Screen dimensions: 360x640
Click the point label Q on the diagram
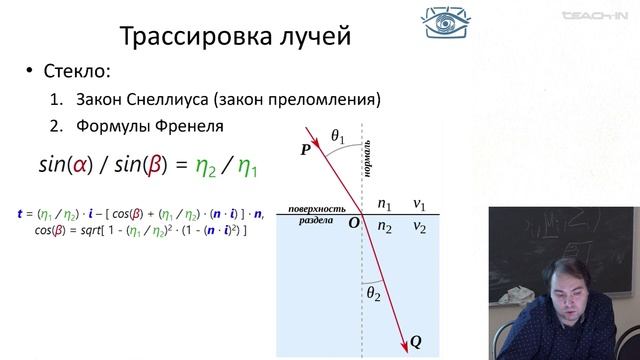(x=415, y=342)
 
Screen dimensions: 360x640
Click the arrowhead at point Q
(x=402, y=338)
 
